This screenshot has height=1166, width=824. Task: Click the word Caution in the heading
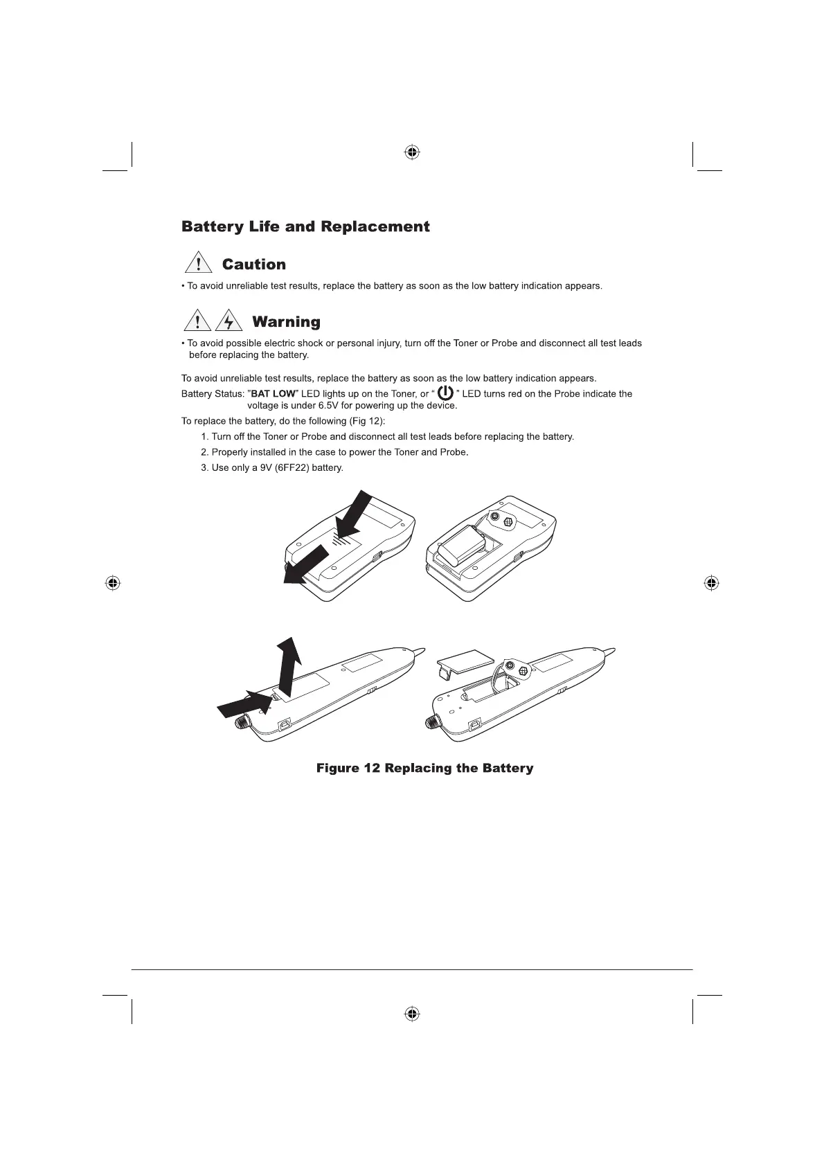pos(253,264)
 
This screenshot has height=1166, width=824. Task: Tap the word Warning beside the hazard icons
pos(286,322)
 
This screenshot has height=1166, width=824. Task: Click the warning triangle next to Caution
pos(199,263)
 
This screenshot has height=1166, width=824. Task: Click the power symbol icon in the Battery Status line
pos(446,393)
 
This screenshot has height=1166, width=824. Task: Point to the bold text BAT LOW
pos(273,394)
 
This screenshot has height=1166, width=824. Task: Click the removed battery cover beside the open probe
pos(464,660)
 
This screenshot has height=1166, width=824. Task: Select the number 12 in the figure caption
pos(371,769)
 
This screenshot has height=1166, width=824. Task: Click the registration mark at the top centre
pos(412,152)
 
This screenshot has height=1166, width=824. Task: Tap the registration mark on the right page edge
pos(710,582)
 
